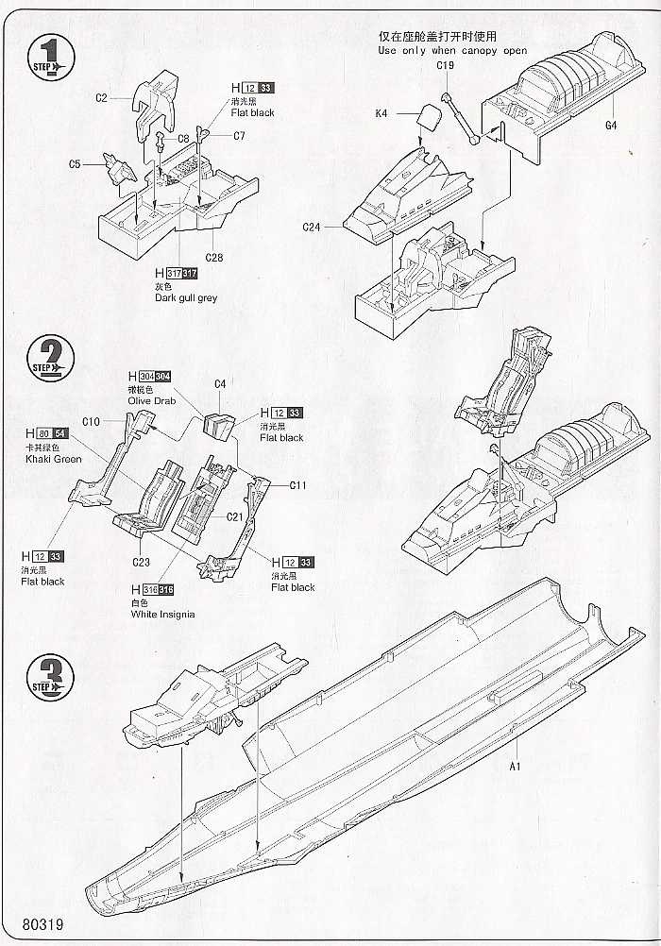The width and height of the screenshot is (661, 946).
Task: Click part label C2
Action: point(101,96)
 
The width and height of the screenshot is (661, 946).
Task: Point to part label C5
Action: point(75,164)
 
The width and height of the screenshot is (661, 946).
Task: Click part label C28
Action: point(213,257)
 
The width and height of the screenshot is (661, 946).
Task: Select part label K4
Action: point(381,113)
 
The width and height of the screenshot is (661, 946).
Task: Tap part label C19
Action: point(446,65)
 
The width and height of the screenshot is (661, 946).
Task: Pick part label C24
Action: point(313,227)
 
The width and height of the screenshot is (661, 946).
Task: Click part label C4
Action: point(220,384)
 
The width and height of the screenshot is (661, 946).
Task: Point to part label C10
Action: point(91,421)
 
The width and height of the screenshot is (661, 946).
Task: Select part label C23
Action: point(141,563)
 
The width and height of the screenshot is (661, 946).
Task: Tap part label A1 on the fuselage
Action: point(516,766)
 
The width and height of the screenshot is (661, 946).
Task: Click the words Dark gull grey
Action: point(186,298)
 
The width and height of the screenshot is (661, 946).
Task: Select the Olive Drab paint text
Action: point(151,400)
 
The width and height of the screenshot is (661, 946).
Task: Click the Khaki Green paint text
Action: point(54,459)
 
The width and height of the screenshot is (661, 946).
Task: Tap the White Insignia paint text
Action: point(163,614)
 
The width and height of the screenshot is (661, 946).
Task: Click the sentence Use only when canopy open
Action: point(452,50)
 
